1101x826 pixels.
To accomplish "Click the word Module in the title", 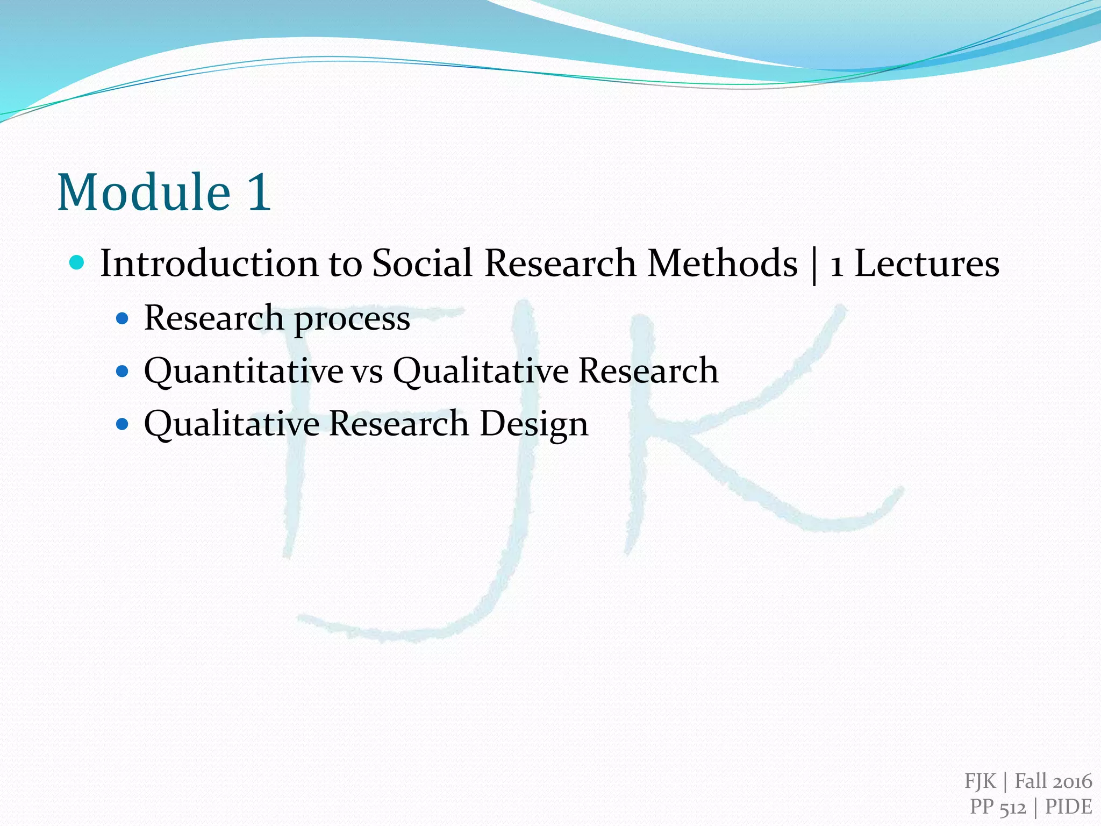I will [144, 192].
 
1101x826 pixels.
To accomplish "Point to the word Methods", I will [723, 264].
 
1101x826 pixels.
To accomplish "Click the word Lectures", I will [927, 264].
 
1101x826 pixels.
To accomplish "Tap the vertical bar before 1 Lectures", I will [814, 265].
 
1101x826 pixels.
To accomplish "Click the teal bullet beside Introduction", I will [77, 263].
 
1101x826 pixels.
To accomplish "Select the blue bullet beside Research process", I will [123, 318].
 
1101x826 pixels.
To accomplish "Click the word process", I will [352, 318].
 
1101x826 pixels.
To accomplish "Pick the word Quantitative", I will [244, 371].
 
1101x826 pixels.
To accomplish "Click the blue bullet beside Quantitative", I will [123, 371].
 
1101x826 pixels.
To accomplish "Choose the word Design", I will [533, 424].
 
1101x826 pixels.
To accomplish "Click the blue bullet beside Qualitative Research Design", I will [123, 424].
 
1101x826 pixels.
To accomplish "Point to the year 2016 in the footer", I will [1072, 781].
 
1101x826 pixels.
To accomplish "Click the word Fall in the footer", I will [1030, 781].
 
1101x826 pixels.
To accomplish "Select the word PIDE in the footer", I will [1068, 807].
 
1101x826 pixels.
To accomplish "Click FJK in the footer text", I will [981, 781].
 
